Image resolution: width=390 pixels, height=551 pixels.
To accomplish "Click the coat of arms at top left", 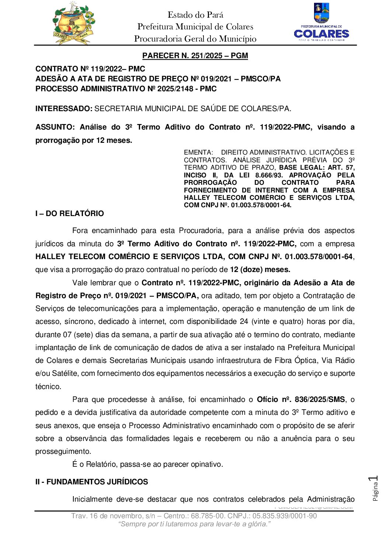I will (x=72, y=23).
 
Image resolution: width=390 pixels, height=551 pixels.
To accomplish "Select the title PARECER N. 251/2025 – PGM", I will (x=195, y=56).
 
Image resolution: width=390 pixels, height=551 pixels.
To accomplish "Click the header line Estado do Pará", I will (x=195, y=15).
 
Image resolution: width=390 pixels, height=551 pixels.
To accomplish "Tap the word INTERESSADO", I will (x=63, y=109).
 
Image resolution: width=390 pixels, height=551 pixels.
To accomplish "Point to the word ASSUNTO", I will (x=55, y=127).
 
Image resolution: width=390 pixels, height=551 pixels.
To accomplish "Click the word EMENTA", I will (x=198, y=152).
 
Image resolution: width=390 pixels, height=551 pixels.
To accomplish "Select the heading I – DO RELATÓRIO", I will (x=70, y=213).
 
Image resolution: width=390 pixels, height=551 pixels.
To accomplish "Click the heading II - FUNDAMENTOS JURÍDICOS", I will (x=91, y=482).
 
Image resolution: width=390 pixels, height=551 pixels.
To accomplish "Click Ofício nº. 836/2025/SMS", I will (x=301, y=399).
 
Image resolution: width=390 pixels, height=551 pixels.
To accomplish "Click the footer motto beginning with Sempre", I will (x=195, y=524).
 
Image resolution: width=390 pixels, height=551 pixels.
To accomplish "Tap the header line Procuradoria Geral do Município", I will (x=195, y=39).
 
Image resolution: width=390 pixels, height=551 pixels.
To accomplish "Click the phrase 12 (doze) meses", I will (x=260, y=269).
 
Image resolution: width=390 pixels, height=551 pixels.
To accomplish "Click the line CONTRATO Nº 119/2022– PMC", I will (x=90, y=69).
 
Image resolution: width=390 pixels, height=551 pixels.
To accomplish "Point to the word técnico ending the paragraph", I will (x=48, y=386).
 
